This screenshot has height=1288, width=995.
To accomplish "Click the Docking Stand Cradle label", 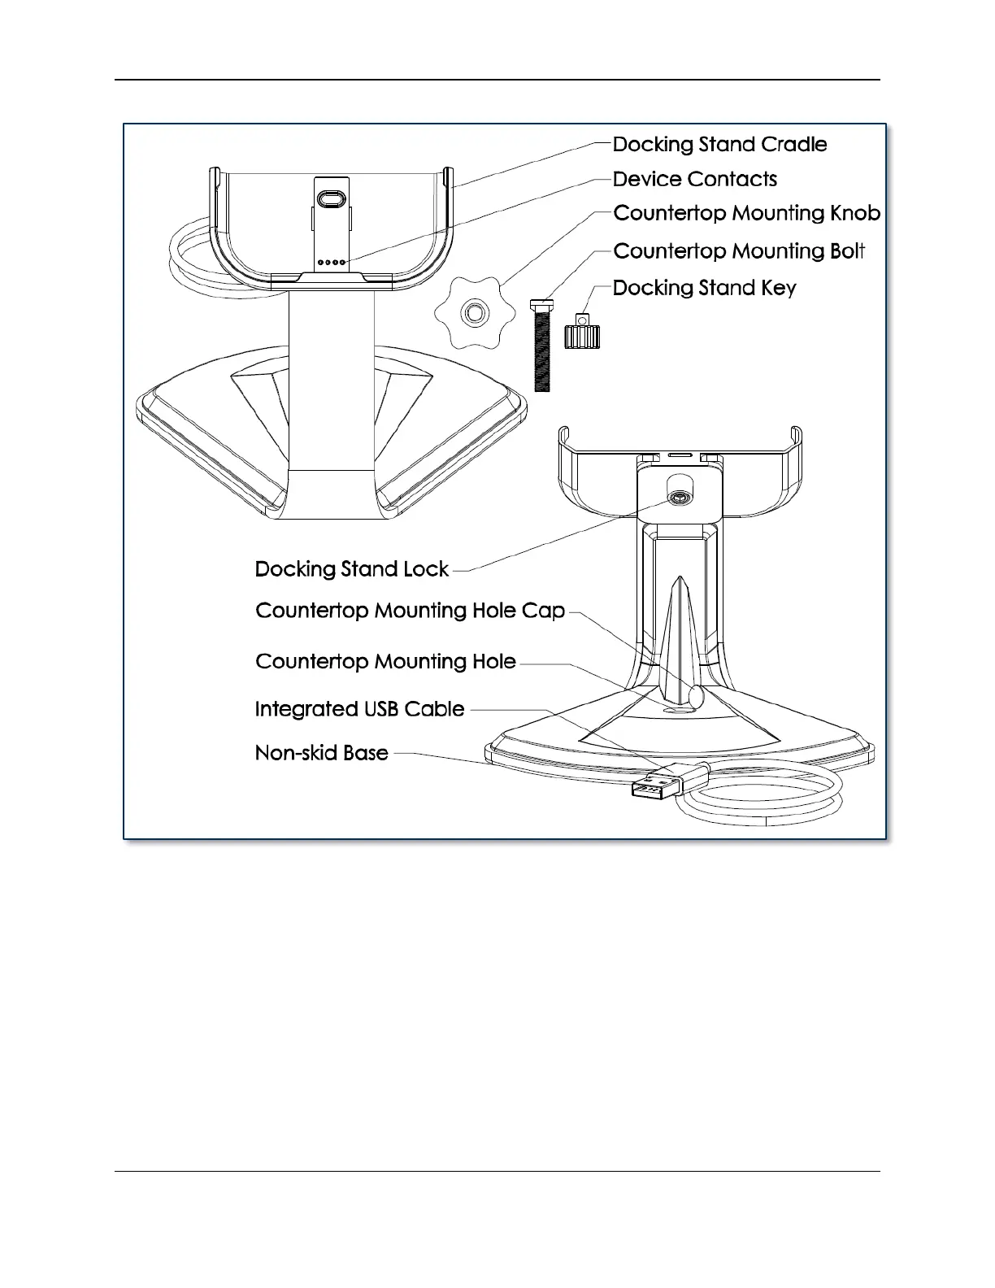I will pos(719,145).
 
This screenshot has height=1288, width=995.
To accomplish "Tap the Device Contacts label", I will pos(695,180).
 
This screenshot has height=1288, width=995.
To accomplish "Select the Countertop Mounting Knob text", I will pos(746,213).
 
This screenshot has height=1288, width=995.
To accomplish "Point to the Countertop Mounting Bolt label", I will pos(739,251).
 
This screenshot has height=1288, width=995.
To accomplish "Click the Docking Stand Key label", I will pos(704,288).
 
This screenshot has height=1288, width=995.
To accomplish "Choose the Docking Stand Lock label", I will pos(351,569).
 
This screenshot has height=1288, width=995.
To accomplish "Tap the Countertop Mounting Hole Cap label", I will pos(410,611).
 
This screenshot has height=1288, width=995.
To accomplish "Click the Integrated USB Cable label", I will pos(359,709).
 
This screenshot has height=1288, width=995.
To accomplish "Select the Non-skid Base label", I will pos(321,753).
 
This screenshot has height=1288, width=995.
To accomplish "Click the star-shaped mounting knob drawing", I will pos(472,312).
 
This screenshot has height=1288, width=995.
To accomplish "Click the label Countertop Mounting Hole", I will pos(385,662).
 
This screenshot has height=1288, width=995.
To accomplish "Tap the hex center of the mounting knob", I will pos(472,312).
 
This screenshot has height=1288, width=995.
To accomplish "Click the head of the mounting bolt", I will pos(541,305).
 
